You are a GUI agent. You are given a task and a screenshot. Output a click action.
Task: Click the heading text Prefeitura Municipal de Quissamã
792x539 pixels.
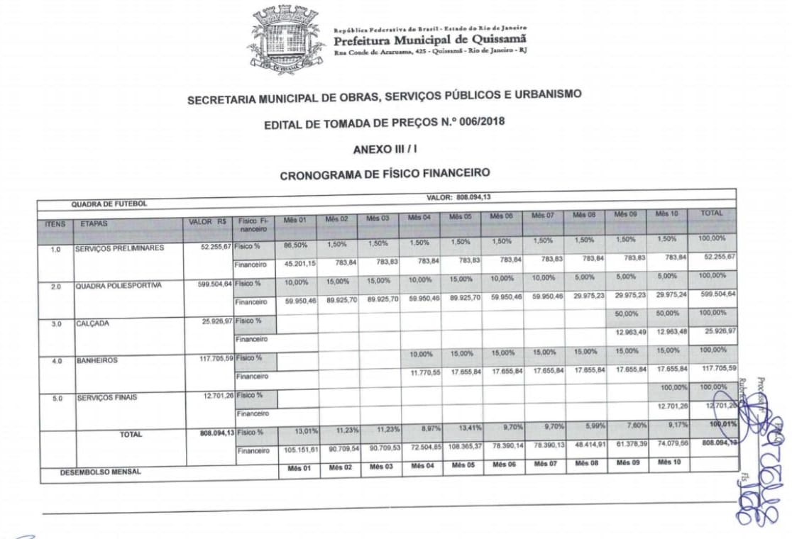(430, 38)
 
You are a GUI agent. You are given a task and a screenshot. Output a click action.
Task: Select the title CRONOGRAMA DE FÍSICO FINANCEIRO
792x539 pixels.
(385, 173)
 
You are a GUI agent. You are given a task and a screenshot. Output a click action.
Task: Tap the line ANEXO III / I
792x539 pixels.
(383, 150)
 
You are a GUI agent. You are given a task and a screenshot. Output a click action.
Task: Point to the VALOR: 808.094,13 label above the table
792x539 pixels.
(458, 196)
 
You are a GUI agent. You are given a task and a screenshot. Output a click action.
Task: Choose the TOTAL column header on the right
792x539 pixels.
(711, 213)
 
